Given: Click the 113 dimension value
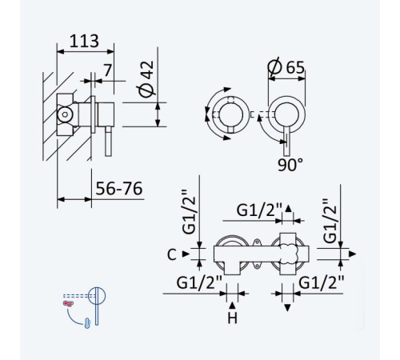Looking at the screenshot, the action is click(84, 41).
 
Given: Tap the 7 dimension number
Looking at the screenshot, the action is click(107, 70).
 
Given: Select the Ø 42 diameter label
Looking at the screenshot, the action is click(146, 78).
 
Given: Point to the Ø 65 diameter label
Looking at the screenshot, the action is click(286, 67).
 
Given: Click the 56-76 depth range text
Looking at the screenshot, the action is click(119, 189).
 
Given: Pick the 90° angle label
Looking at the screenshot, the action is click(290, 165).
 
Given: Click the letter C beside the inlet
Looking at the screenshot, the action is click(172, 254).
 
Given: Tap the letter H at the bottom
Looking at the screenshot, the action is click(232, 318).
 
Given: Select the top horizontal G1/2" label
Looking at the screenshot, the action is click(259, 210).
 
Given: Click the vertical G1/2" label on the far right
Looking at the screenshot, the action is click(330, 221).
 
